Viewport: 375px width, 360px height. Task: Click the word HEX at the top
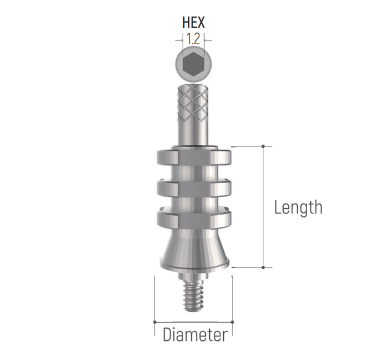point(194,23)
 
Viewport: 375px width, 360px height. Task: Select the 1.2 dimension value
point(194,40)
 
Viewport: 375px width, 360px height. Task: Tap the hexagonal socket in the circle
point(194,64)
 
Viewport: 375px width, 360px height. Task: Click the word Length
point(298,207)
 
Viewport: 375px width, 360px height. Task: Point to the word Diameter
point(194,335)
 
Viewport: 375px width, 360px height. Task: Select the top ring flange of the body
point(194,157)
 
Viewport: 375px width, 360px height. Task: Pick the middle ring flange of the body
point(194,188)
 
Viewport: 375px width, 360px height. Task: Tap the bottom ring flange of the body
point(194,219)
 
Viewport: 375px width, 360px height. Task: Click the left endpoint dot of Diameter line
point(155,321)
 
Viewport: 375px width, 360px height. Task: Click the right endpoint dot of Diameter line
point(232,321)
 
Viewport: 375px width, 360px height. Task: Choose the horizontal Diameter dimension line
point(194,321)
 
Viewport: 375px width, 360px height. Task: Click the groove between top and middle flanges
point(194,173)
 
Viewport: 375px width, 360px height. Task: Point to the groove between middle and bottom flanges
point(194,204)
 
